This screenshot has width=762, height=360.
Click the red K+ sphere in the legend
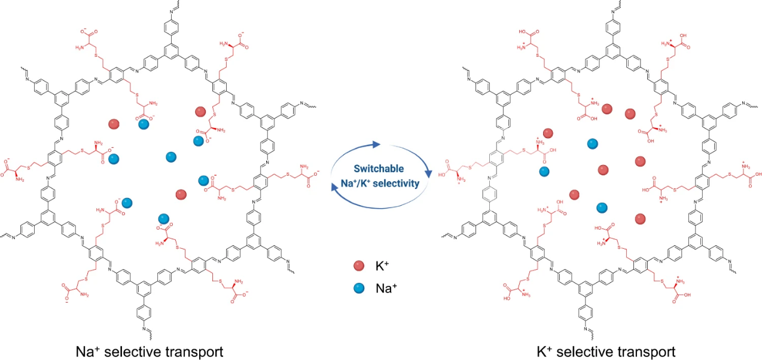[x=359, y=265]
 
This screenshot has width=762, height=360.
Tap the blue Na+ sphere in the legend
[x=359, y=288]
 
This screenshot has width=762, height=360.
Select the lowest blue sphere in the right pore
[x=602, y=207]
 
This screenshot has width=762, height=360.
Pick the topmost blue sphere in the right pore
[x=592, y=143]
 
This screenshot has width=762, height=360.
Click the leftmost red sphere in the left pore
[x=114, y=124]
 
